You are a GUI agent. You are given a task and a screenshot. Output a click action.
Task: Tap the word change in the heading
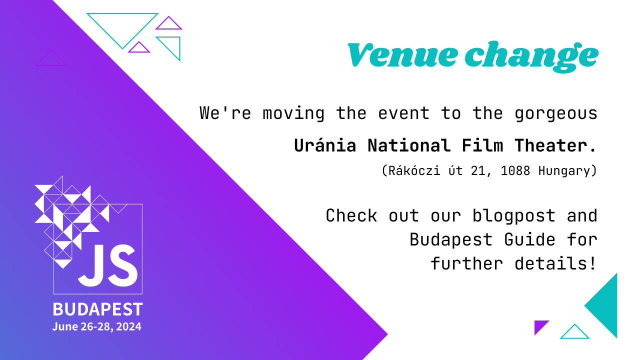[x=531, y=56]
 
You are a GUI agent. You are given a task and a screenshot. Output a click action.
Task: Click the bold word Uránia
[x=325, y=145]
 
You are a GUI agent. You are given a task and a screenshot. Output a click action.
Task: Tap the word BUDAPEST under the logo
[x=97, y=309]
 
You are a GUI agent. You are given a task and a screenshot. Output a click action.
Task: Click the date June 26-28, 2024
[x=96, y=327]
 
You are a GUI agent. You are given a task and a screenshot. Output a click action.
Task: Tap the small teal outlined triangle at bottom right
[x=574, y=333]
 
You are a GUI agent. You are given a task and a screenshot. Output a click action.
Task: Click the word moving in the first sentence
[x=293, y=113]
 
